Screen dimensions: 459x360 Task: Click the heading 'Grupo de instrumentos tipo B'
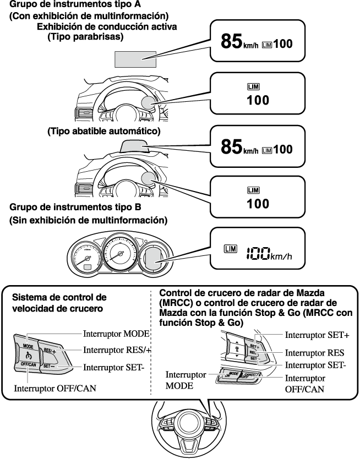[76, 207]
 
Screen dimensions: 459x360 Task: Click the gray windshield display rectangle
[135, 58]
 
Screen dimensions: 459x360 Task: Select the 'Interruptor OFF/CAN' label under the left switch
[53, 387]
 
